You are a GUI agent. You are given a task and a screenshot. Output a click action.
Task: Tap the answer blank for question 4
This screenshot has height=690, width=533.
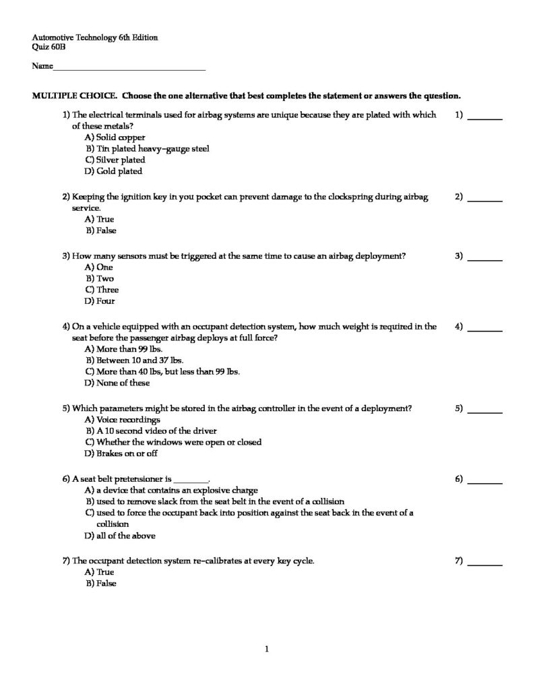pos(484,330)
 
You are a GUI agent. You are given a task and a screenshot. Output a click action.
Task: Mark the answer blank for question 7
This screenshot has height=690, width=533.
pos(484,563)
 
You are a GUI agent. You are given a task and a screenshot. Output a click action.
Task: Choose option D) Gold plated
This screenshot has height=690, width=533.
pos(114,171)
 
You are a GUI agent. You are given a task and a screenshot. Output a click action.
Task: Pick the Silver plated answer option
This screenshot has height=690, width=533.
pos(115,160)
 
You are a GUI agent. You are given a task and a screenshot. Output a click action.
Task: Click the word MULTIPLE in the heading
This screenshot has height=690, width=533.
pos(55,95)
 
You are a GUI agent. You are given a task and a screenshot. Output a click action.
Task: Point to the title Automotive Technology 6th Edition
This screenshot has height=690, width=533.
pos(95,38)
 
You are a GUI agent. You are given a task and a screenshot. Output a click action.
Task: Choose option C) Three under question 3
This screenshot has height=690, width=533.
pos(102,290)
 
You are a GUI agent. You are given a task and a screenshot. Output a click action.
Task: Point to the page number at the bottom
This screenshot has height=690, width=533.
pos(267,650)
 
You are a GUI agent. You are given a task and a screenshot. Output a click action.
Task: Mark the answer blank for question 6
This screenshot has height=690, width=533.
pos(484,481)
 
